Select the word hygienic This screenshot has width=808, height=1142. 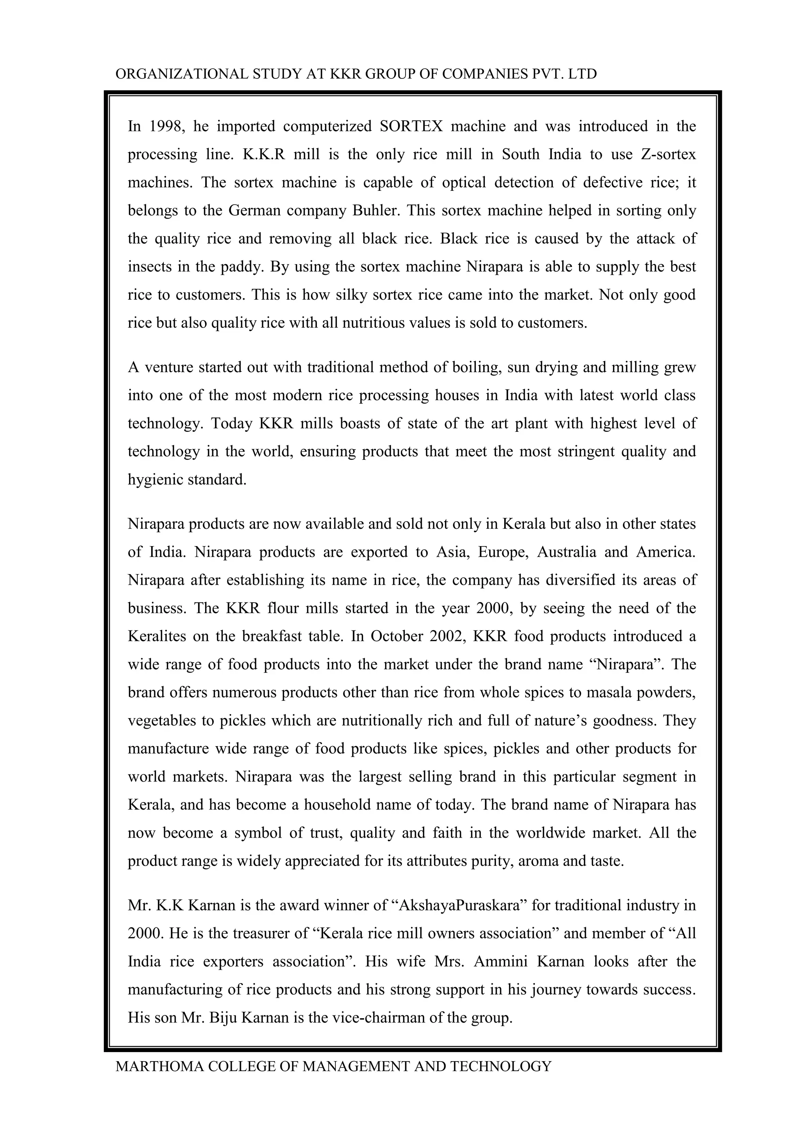[155, 480]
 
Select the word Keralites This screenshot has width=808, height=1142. [157, 636]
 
